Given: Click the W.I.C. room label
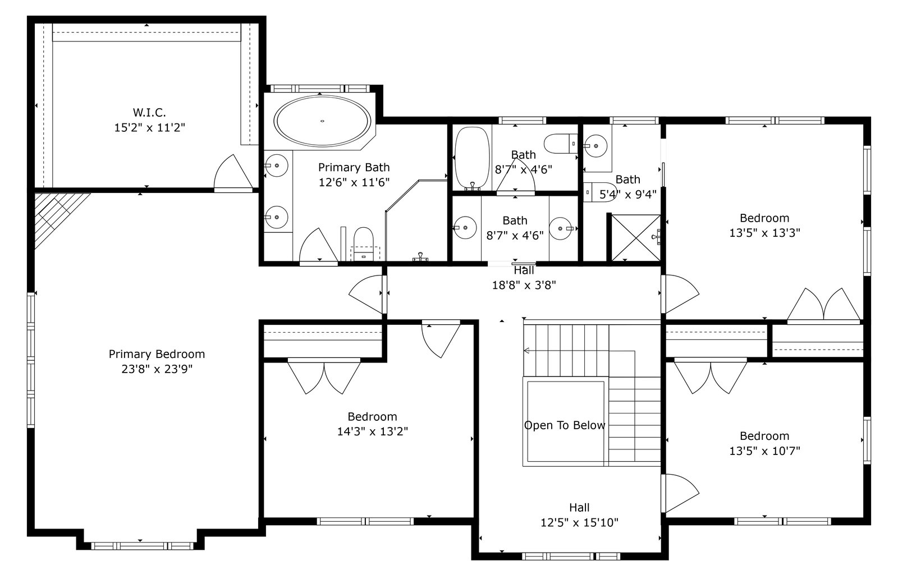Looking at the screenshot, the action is coord(149,113).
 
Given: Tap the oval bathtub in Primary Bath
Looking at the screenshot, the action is coord(322,121).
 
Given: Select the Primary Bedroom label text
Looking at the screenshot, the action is coord(157,354).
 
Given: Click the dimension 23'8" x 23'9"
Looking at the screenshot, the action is coord(157,369).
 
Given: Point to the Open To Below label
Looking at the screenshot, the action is coord(565,425).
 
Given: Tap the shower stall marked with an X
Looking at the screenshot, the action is coord(636,238).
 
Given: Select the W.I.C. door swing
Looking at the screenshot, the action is coord(233,172).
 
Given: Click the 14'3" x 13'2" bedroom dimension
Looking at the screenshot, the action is coord(373,431).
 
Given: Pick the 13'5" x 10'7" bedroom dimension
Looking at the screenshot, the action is coord(764,451).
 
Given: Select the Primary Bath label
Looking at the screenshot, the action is coord(354,168).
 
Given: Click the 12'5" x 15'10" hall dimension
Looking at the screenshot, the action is coord(579,523).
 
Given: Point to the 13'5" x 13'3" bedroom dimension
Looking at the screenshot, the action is coord(764,233).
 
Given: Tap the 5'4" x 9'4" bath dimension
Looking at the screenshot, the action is coord(628,195).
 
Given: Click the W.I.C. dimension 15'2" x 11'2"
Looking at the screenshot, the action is coord(149,128).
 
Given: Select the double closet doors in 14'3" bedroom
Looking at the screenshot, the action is coord(324,376).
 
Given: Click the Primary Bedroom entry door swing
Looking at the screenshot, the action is coord(365,295).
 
